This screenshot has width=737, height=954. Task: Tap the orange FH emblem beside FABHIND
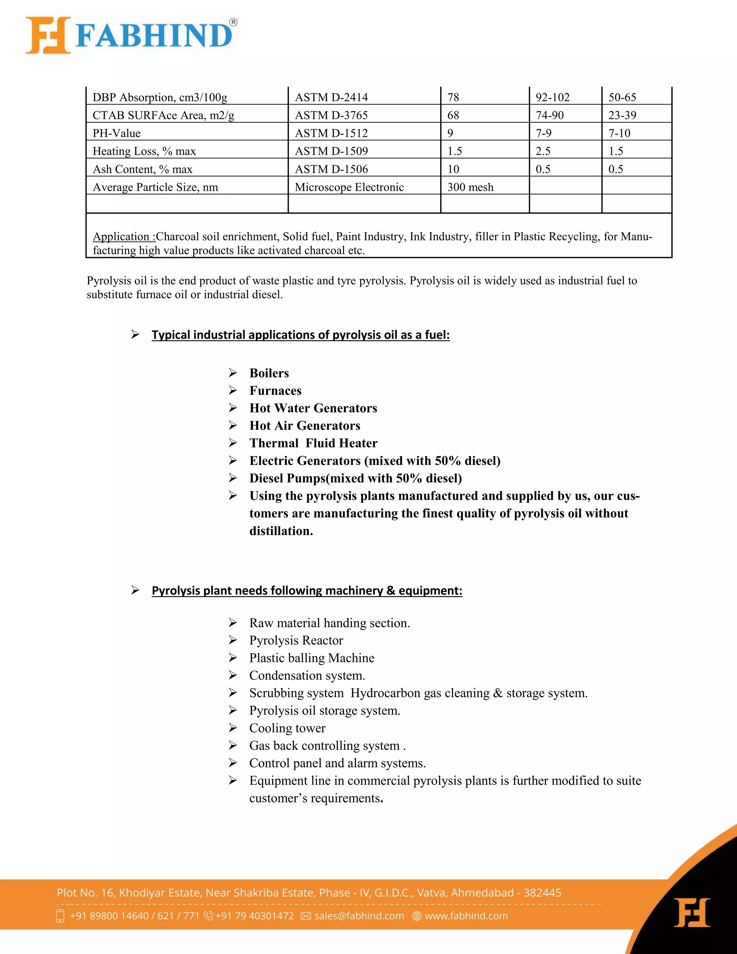coord(48,35)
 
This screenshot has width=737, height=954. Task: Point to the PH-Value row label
coord(117,133)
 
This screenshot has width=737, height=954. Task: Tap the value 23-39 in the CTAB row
coord(622,115)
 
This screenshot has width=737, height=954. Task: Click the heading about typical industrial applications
coord(300,335)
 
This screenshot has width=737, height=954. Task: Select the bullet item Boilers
coord(269,373)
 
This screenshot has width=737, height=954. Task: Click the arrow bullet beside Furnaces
coord(233,390)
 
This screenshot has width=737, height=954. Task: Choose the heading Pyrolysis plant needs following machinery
coord(307,590)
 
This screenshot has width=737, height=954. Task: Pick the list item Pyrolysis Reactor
coord(296,640)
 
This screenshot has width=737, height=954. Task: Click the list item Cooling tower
coord(287,728)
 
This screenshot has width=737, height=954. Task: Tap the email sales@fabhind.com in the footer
coord(359,916)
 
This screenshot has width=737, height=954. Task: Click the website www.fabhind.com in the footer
coord(466,916)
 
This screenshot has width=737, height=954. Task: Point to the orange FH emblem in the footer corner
coord(692,913)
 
